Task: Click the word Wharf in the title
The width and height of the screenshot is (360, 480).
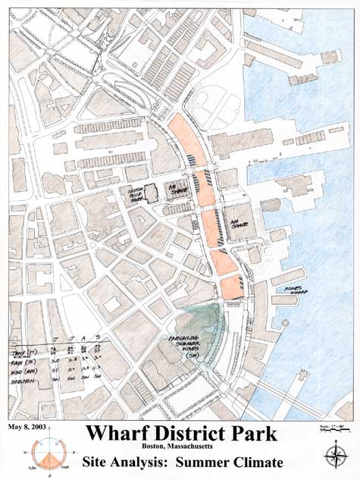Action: [x=120, y=435]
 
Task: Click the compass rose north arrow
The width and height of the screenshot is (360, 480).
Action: [x=333, y=456]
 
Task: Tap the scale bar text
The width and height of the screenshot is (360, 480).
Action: [x=330, y=428]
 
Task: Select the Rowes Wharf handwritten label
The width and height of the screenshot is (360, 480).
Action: [x=294, y=289]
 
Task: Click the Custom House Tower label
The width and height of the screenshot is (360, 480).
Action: [x=136, y=194]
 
